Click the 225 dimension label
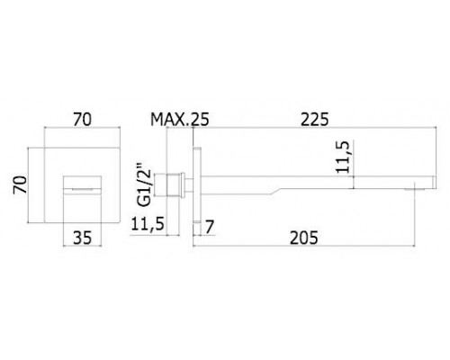[315, 120]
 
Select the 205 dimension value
[303, 238]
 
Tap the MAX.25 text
[179, 120]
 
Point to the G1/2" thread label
[146, 184]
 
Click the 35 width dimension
[82, 238]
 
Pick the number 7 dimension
[210, 227]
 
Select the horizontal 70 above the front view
[82, 120]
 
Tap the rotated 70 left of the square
[21, 184]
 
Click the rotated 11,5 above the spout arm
[344, 157]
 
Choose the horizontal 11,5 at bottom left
[148, 224]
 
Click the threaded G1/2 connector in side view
[174, 184]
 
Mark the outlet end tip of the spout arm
[435, 183]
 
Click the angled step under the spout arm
[276, 192]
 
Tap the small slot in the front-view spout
[82, 189]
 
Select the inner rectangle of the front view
[82, 199]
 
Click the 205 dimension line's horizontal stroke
[304, 247]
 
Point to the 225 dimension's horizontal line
[314, 128]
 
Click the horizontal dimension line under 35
[82, 247]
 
